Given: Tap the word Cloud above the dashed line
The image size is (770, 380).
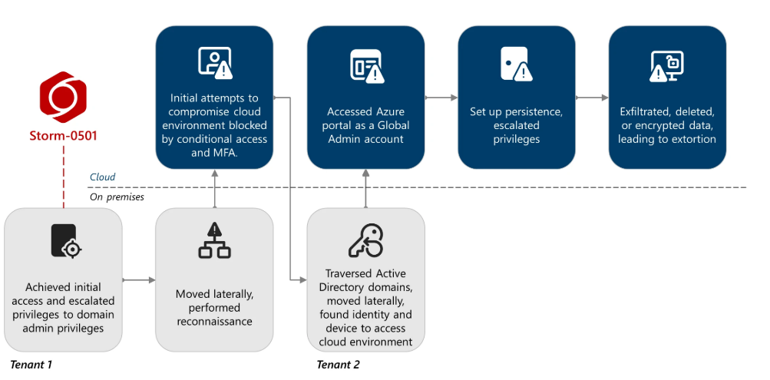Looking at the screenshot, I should pyautogui.click(x=102, y=177).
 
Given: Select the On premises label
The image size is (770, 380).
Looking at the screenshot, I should pyautogui.click(x=117, y=197).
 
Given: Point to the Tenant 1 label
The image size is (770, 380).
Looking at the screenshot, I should pyautogui.click(x=31, y=364).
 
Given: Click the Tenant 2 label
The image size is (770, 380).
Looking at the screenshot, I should pyautogui.click(x=338, y=364).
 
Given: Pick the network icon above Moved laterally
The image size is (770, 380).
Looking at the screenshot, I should pyautogui.click(x=214, y=241).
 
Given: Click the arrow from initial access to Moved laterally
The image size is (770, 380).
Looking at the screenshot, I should pyautogui.click(x=138, y=280).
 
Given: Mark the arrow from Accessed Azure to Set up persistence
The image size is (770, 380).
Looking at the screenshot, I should pyautogui.click(x=441, y=97).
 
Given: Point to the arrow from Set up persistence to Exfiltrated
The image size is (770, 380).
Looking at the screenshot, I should pyautogui.click(x=591, y=97).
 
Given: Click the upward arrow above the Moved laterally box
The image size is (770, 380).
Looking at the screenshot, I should pyautogui.click(x=214, y=188).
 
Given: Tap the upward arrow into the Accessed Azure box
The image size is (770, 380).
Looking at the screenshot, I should pyautogui.click(x=365, y=188).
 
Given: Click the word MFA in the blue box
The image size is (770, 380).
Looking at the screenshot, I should pyautogui.click(x=226, y=153).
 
